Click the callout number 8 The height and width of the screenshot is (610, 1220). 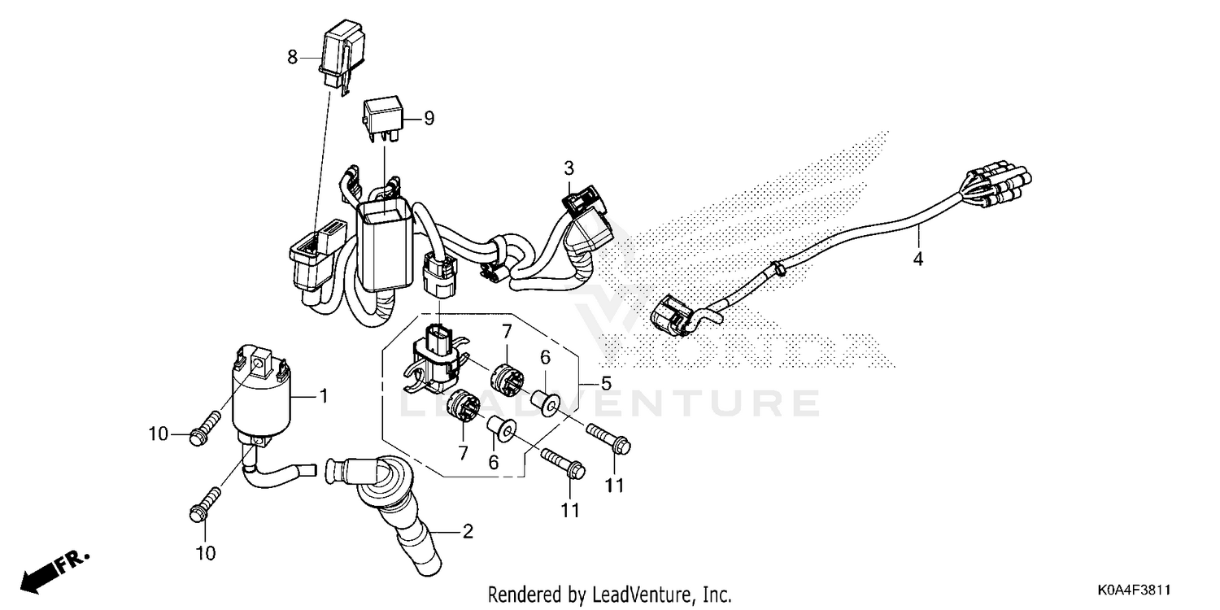coord(293,58)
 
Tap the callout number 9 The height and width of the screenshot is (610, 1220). coord(429,119)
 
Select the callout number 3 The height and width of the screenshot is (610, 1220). coord(569,169)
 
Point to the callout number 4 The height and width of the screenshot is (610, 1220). coord(918,260)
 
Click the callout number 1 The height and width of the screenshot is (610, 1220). coord(323,398)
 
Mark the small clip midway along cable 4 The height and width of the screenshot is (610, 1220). coord(778,266)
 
